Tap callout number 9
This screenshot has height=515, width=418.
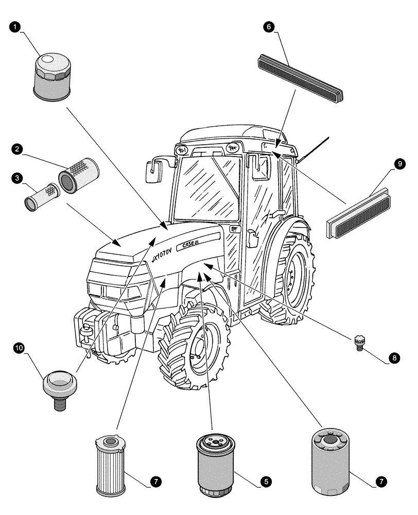click(x=399, y=164)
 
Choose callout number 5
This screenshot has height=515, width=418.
click(x=266, y=482)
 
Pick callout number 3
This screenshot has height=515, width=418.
click(x=18, y=178)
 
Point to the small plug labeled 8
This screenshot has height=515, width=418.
click(x=359, y=342)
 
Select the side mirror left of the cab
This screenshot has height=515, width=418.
click(x=154, y=170)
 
